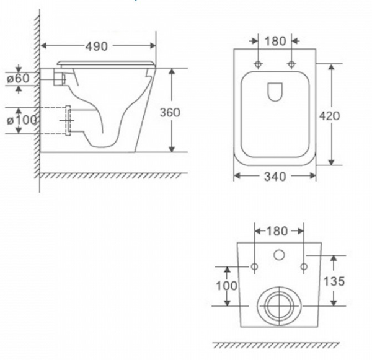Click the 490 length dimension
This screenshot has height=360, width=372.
point(97,46)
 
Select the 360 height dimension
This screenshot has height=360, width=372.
point(170,112)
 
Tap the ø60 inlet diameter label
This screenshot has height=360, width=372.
point(18,79)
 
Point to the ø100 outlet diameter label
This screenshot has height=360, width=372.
point(22,120)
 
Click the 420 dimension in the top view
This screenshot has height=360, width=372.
point(329,116)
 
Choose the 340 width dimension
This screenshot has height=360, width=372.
point(275,177)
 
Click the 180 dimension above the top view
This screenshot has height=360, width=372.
point(275,42)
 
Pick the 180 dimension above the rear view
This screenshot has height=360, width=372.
point(277,231)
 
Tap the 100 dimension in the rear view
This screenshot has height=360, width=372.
point(226,286)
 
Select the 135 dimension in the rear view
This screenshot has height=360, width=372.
point(334,281)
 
